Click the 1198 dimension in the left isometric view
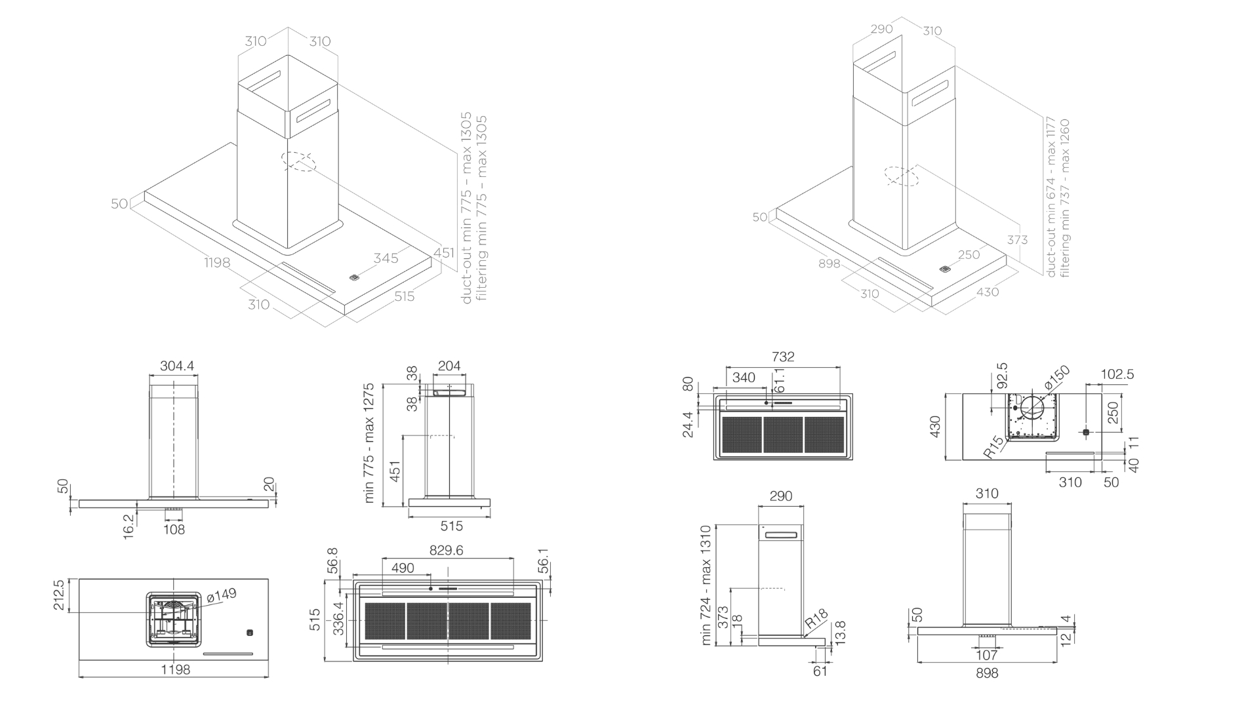coord(217,263)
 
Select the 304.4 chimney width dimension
coord(177,366)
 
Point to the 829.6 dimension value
coord(447,551)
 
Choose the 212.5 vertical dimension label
coord(60,595)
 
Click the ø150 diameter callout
coord(1057,379)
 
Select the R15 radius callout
coord(994,448)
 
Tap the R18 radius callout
coord(817,619)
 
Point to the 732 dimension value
coord(783,357)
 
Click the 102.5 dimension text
coord(1117,374)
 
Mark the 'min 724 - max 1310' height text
coord(706,585)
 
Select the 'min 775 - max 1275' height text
coord(369,443)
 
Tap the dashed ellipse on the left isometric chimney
coord(298,161)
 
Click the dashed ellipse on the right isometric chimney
coord(901,176)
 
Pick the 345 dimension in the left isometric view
coord(386,258)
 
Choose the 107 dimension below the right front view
coord(986,655)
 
